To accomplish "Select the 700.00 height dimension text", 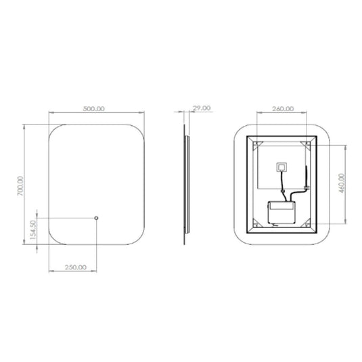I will click(22, 187).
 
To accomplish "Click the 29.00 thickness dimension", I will click(202, 108).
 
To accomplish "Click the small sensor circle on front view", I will click(96, 218).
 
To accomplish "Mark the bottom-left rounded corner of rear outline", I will click(238, 241).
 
